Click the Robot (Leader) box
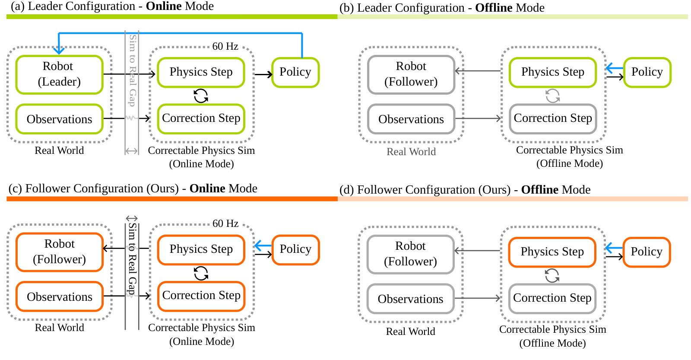(59, 74)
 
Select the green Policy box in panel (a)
(295, 72)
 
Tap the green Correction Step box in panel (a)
(201, 118)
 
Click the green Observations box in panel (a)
(59, 119)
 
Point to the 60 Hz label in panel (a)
(225, 46)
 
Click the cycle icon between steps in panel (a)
(201, 96)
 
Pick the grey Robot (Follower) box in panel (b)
(411, 74)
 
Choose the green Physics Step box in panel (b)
(552, 72)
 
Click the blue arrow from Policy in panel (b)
(615, 68)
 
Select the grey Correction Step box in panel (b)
(552, 118)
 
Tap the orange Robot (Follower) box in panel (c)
(59, 252)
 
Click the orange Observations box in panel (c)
(59, 296)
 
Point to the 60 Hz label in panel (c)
(225, 223)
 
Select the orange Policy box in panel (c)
(295, 249)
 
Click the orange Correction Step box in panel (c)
(201, 296)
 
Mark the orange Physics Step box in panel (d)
(552, 252)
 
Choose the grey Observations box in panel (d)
(410, 299)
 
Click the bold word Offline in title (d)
(539, 190)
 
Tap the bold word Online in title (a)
(164, 6)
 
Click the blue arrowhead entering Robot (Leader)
(59, 50)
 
